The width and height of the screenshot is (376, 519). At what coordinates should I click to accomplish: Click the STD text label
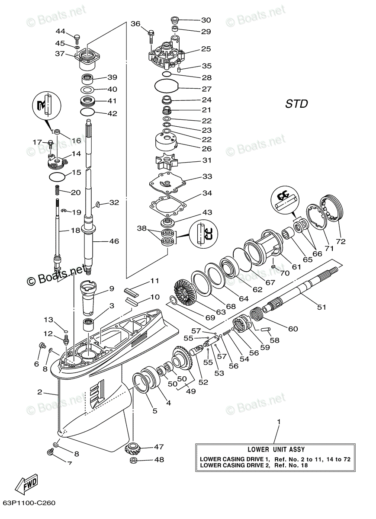(x=296, y=104)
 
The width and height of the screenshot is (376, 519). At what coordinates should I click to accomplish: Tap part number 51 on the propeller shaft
(x=321, y=308)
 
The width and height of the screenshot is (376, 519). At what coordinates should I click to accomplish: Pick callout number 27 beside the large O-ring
(x=206, y=89)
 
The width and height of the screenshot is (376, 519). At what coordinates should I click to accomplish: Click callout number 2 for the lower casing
(x=39, y=392)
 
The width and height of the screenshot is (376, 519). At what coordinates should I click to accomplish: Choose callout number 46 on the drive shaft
(x=114, y=241)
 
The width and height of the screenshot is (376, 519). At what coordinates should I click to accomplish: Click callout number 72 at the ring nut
(x=341, y=241)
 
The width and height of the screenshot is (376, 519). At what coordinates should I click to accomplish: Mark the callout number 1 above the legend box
(x=279, y=421)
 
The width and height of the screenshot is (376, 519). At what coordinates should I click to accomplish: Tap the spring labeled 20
(x=56, y=190)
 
